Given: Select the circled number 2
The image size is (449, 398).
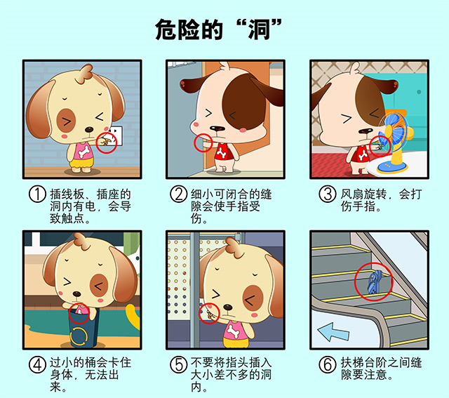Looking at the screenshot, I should click(178, 194).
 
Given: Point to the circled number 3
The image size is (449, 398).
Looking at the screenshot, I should click(327, 194).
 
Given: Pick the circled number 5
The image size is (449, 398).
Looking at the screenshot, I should click(178, 364).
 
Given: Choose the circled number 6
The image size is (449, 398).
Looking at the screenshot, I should click(327, 364).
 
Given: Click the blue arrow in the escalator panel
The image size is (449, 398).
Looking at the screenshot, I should click(335, 331).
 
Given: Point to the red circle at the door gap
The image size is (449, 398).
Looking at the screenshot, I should click(203, 142).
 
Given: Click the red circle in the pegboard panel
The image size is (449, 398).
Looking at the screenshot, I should click(209, 312).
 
